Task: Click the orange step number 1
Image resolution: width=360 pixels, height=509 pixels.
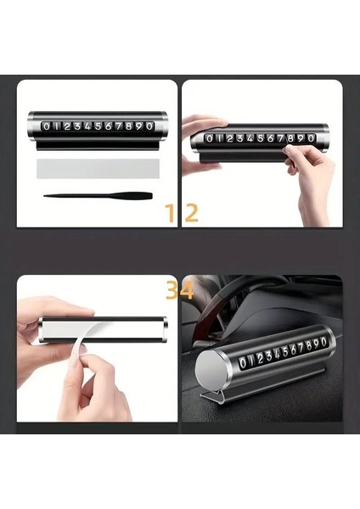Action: [171, 213]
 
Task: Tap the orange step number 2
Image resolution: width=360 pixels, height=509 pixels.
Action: [191, 213]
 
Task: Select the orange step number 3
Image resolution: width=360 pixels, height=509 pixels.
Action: [172, 290]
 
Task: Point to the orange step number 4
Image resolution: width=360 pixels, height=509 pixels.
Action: [187, 290]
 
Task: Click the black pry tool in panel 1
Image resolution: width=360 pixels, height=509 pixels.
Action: [98, 196]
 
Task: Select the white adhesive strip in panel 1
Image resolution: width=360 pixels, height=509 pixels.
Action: [98, 169]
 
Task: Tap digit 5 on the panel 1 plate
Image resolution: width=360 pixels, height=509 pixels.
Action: [98, 126]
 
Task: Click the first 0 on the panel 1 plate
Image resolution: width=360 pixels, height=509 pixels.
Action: [47, 126]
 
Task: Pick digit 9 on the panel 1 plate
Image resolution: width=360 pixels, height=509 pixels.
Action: [138, 126]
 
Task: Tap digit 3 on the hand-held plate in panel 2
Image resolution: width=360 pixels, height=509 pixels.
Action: [239, 138]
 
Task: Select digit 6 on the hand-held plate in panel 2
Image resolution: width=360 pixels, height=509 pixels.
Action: [270, 138]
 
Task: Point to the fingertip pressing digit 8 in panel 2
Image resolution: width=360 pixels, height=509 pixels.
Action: [288, 149]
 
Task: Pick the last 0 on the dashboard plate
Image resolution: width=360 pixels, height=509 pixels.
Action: [323, 342]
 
